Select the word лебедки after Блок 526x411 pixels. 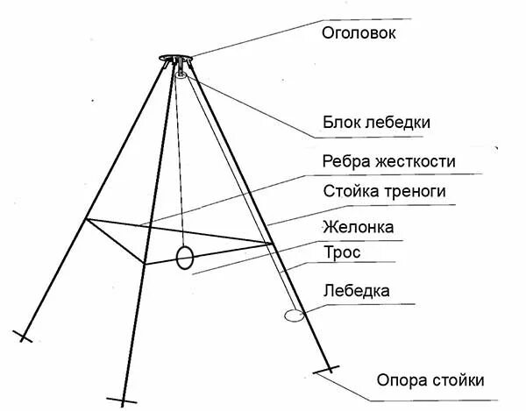(x=400, y=123)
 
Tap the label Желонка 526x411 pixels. (x=359, y=227)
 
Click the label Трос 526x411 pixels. (x=342, y=253)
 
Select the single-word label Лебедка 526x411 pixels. (x=358, y=289)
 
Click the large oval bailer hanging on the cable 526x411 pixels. (x=184, y=257)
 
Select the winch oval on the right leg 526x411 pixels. (x=294, y=313)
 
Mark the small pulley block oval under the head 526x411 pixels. (x=182, y=76)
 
